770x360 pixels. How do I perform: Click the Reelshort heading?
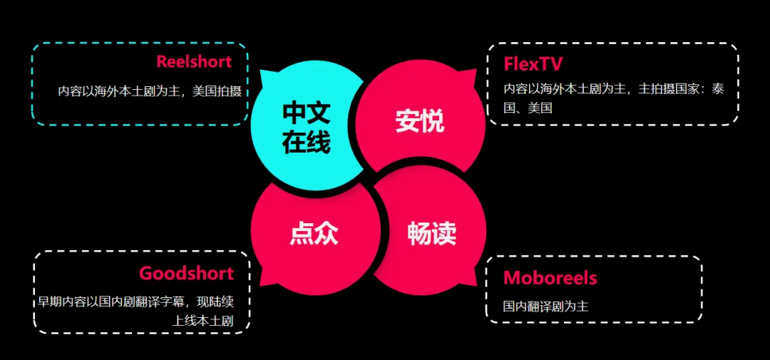pyautogui.click(x=194, y=62)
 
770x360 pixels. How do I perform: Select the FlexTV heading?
pyautogui.click(x=533, y=64)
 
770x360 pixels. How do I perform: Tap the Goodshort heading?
pyautogui.click(x=186, y=273)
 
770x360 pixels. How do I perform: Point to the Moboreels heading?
pyautogui.click(x=550, y=277)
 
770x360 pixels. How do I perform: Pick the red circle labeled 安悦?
pyautogui.click(x=421, y=120)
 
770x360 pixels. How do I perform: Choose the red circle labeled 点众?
pyautogui.click(x=314, y=233)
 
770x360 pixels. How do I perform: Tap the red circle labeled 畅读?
pyautogui.click(x=432, y=233)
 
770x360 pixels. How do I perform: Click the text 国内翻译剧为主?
pyautogui.click(x=545, y=306)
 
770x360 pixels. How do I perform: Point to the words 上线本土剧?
pyautogui.click(x=202, y=321)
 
